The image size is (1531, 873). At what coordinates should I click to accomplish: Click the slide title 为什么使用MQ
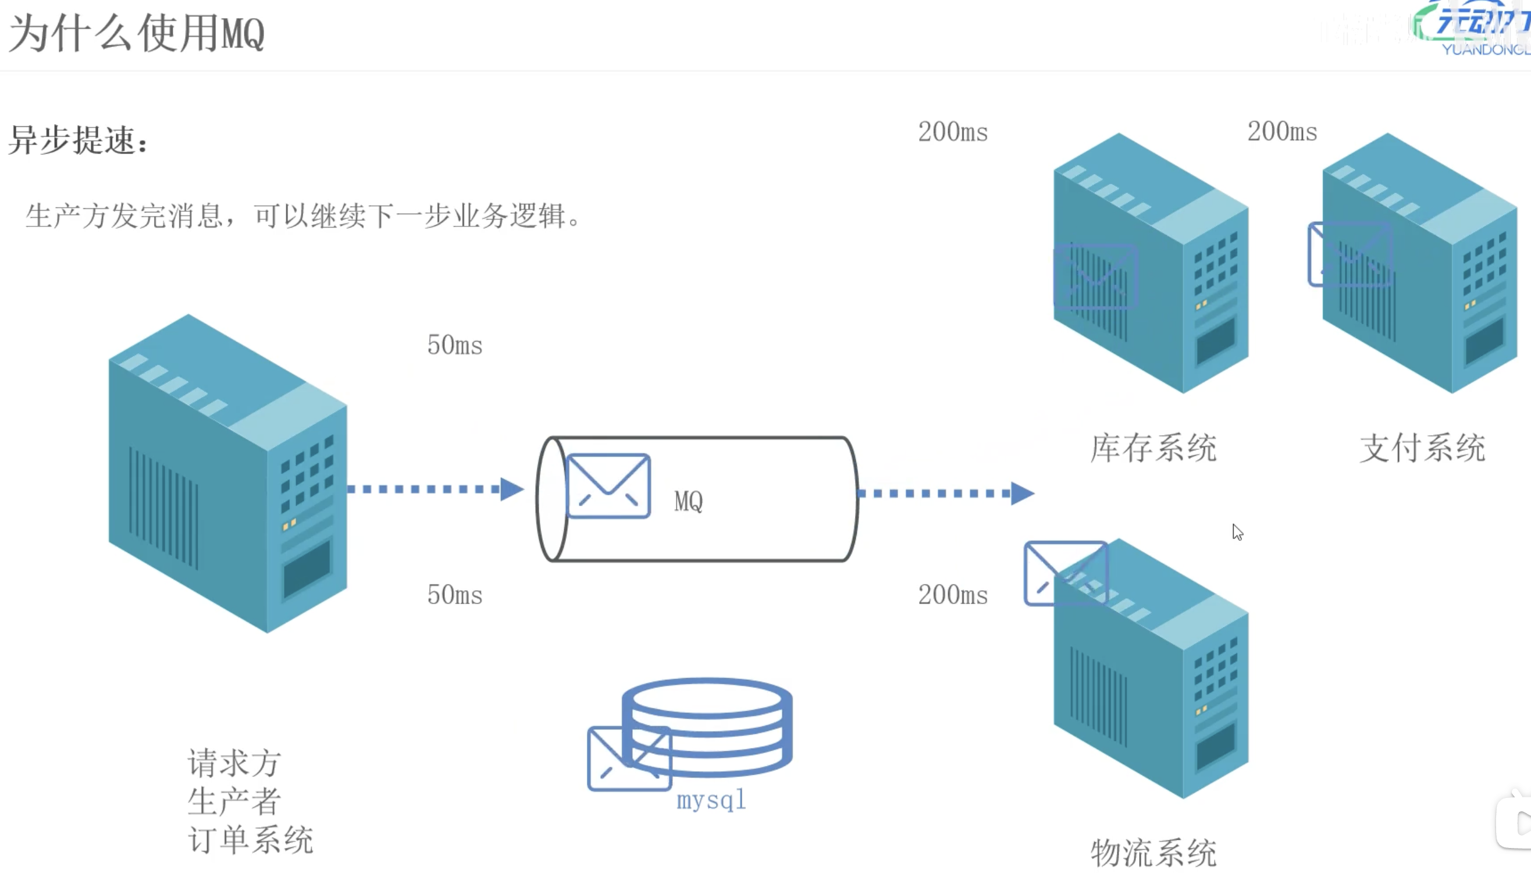(137, 34)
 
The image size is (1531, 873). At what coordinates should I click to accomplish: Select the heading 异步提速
(78, 140)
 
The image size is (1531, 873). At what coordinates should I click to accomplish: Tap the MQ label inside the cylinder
(689, 501)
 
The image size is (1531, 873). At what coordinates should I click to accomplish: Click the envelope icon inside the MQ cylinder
(608, 485)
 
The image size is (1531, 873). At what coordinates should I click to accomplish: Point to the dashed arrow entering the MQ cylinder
(435, 489)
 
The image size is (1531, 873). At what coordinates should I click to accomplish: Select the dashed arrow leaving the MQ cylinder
(946, 494)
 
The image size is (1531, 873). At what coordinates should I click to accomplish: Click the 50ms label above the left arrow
(455, 345)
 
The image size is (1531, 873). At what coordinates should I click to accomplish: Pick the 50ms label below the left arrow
(455, 595)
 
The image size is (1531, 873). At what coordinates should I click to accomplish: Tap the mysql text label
(711, 800)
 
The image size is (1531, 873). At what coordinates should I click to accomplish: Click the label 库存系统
(1153, 448)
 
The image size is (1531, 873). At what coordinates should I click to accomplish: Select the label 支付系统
(1423, 448)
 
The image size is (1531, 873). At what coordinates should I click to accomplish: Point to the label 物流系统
(1153, 853)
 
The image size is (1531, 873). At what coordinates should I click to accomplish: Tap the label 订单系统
(251, 839)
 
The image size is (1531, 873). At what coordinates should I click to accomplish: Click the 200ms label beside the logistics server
(953, 595)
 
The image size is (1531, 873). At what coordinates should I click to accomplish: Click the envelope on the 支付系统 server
(1350, 254)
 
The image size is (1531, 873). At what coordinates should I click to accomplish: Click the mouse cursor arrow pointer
(1237, 532)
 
